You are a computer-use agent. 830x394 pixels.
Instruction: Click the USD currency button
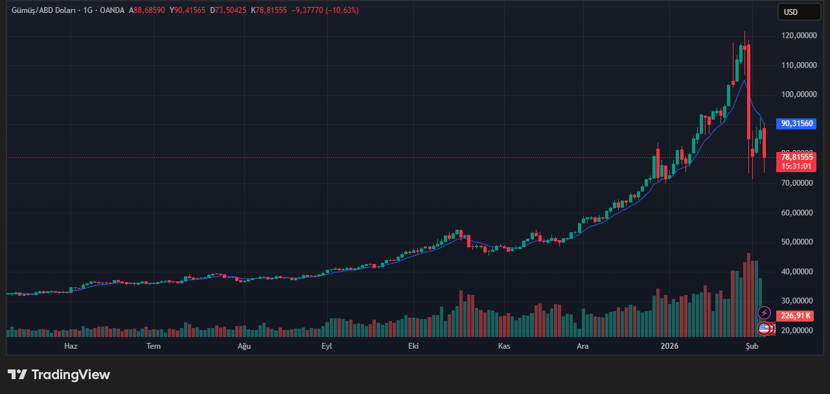791,12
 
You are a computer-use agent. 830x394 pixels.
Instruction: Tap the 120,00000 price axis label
798,36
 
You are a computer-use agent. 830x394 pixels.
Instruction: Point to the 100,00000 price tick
798,94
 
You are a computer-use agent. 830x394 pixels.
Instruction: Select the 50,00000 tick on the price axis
798,242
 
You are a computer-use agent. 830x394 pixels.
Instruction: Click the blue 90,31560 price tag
797,124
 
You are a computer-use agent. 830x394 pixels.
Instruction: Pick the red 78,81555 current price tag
797,157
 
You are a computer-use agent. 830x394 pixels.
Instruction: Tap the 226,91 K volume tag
796,316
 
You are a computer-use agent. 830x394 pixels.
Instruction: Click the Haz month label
71,346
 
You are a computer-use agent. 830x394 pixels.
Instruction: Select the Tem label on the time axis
153,346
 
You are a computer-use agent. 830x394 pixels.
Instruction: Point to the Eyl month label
327,346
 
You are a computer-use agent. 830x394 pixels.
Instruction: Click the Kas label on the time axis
503,346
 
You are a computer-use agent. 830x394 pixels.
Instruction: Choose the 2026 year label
669,346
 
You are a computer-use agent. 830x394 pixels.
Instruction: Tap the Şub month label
752,346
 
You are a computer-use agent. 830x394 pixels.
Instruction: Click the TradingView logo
59,375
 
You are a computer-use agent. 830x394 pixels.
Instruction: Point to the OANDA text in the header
112,10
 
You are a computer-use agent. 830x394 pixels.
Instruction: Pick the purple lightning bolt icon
764,313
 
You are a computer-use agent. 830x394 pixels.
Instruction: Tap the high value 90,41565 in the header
190,10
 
